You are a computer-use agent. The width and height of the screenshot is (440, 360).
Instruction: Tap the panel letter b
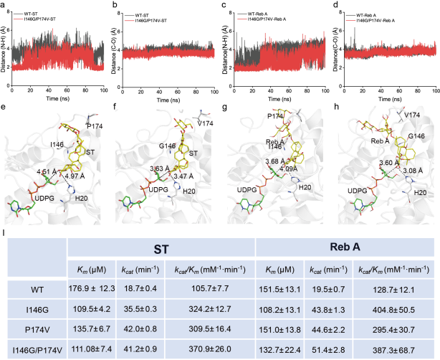116,6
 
